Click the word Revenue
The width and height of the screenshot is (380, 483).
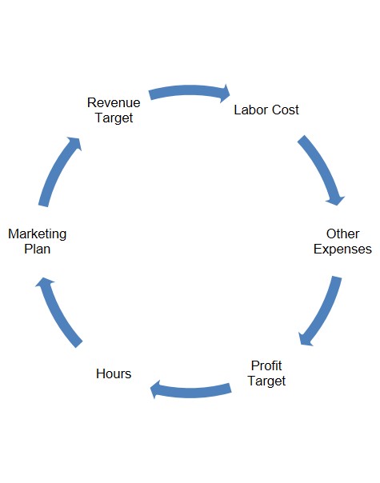coord(114,102)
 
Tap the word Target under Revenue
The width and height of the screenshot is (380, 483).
coord(114,118)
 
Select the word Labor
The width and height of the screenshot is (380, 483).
coord(249,110)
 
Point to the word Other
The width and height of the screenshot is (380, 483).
coord(342,234)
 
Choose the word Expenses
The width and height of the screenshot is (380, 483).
coord(342,249)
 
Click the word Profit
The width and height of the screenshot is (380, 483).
coord(266,365)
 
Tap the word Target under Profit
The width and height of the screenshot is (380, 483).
coord(266,381)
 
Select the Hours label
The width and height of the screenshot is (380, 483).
coord(114,373)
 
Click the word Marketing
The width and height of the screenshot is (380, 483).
coord(38,234)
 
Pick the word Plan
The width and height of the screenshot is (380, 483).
coord(38,249)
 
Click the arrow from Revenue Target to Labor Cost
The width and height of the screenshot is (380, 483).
coord(188,90)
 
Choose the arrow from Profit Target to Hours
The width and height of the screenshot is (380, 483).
coord(191,393)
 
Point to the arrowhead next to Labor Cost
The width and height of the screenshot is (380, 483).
coord(225,94)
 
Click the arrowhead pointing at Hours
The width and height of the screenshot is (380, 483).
coord(156,389)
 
